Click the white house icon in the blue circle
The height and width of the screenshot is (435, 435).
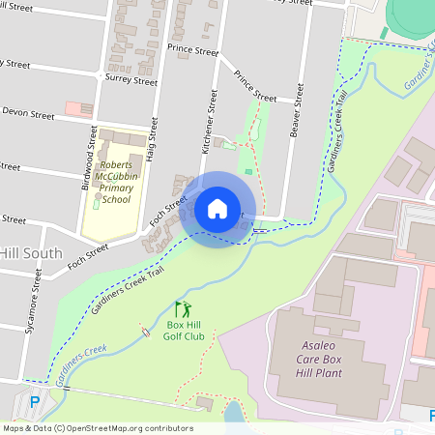click(217, 208)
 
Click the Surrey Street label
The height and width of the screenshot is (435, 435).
click(129, 81)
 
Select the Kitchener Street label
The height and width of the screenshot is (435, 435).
click(205, 126)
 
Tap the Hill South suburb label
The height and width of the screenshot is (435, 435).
click(30, 253)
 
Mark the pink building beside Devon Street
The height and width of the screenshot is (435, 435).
click(72, 109)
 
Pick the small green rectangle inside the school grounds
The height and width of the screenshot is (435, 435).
click(96, 203)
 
